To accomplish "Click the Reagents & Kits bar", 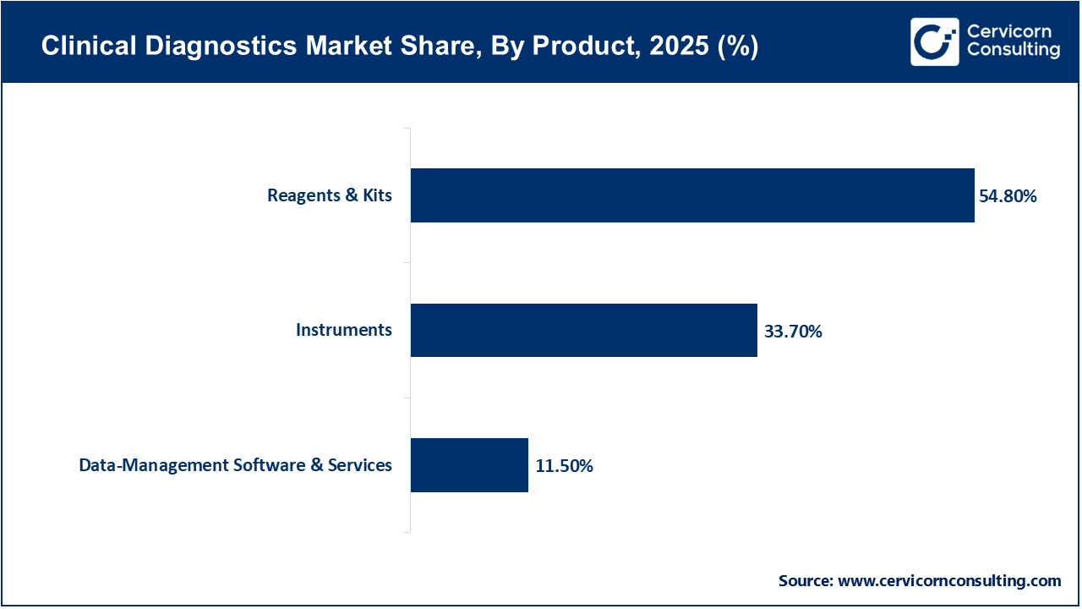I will click(692, 195).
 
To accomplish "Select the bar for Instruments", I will click(584, 330).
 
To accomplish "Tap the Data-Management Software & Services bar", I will click(469, 465).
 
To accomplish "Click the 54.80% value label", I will click(1008, 196).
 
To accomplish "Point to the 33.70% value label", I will click(793, 332).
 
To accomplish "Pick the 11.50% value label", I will click(564, 466).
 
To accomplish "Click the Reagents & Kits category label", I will click(330, 195).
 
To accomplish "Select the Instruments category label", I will click(344, 330).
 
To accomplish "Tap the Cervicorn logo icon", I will click(934, 41).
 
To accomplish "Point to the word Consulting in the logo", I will click(1013, 51).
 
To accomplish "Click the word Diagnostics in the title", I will click(199, 47).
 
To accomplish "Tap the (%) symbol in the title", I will click(737, 47).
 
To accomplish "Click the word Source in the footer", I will click(805, 581).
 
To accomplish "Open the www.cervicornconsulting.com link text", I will click(949, 581).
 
